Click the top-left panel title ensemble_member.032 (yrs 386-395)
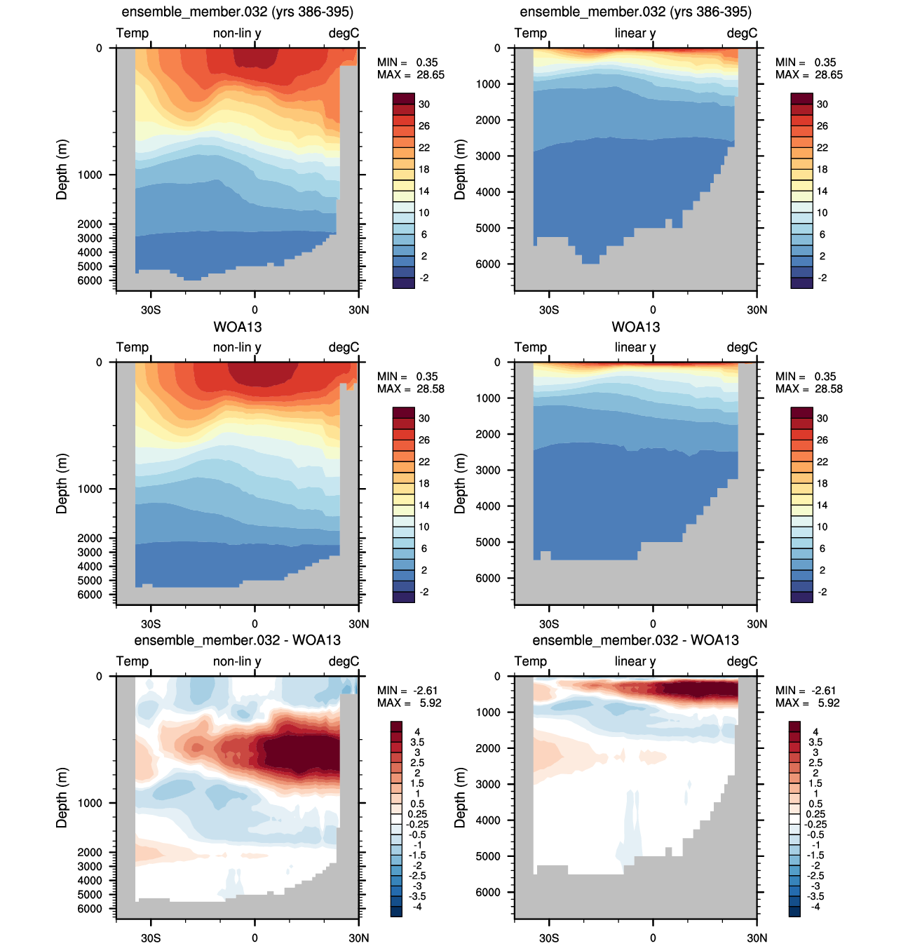point(237,11)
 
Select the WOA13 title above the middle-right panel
point(635,327)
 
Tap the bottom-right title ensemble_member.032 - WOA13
point(635,640)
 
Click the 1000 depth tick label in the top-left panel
point(90,175)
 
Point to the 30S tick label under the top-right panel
point(549,309)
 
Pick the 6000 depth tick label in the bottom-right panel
point(488,892)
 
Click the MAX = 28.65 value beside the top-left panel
point(411,74)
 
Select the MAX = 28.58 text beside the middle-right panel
point(808,388)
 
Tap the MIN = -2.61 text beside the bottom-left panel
point(407,691)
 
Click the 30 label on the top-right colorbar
point(822,104)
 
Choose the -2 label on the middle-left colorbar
point(424,592)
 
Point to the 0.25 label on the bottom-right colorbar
point(815,814)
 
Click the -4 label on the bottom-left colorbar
point(417,907)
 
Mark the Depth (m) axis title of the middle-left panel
point(62,484)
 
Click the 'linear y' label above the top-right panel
point(635,33)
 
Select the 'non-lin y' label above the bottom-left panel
point(237,661)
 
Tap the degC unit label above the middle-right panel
point(742,347)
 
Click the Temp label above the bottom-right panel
point(530,661)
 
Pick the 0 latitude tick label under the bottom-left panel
point(255,938)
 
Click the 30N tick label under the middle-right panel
point(757,623)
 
